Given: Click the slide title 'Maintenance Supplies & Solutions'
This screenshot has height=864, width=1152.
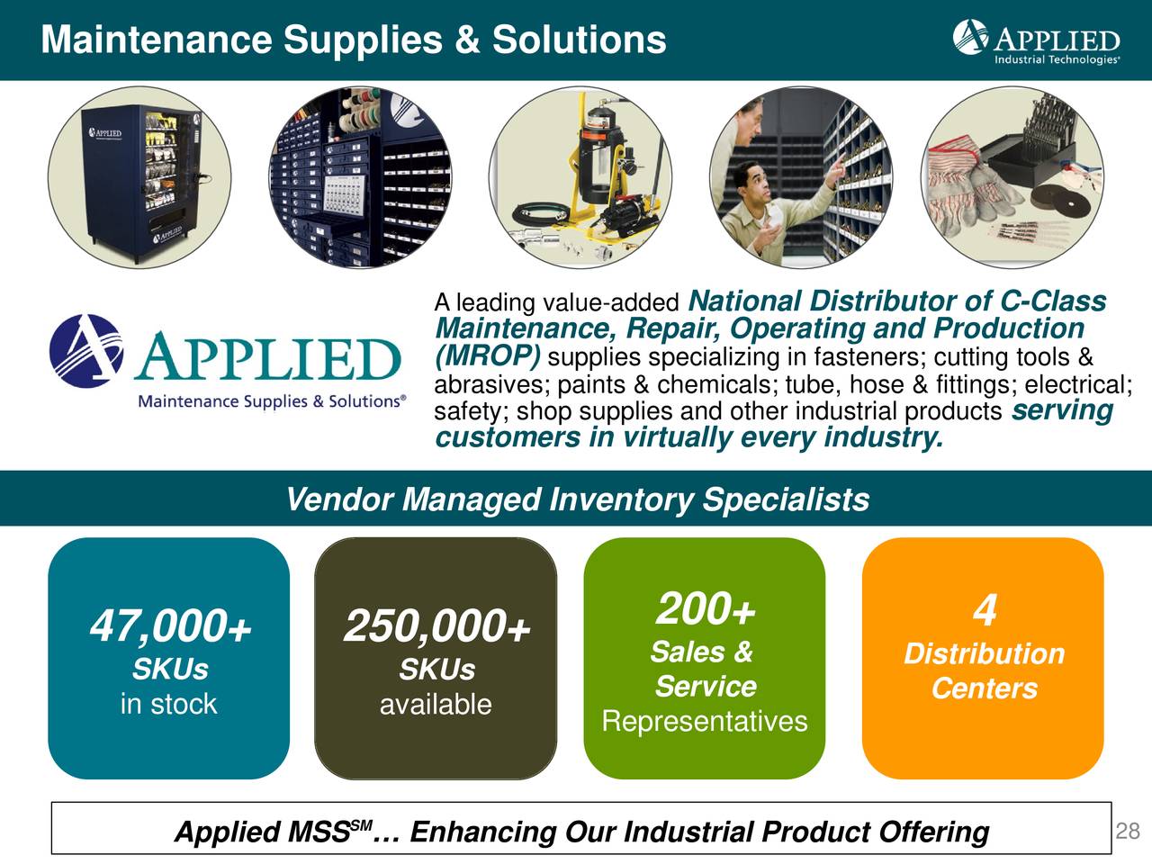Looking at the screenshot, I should [354, 40].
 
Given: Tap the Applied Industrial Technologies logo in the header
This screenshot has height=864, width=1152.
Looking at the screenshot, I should [1036, 41].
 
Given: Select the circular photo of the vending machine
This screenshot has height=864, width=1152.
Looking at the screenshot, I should [139, 176].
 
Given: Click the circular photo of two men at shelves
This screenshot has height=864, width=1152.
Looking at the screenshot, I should [800, 176].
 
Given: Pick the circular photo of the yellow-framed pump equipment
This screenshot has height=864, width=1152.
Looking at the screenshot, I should [580, 176].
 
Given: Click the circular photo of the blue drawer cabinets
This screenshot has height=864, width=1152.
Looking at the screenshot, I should [360, 176].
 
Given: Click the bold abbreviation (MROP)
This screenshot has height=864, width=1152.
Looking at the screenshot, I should [488, 356].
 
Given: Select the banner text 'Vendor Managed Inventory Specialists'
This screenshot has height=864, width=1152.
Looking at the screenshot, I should [577, 499].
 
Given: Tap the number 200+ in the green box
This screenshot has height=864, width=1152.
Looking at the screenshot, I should [705, 610].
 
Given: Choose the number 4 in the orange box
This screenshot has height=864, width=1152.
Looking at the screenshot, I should [984, 611].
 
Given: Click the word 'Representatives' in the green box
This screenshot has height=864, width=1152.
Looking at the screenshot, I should [705, 722].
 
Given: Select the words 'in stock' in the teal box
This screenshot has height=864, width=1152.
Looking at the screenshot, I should [168, 704].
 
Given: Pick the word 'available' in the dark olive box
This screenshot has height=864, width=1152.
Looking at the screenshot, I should [436, 705].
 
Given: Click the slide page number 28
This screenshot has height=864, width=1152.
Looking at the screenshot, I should [1128, 831].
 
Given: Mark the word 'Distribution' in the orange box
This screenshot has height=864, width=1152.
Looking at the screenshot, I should [984, 653].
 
